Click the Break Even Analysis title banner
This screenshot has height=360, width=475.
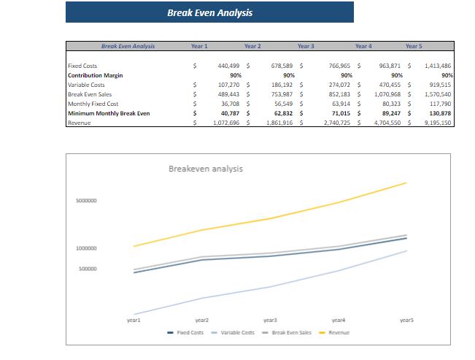point(209,12)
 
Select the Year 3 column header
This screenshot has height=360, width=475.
point(306,46)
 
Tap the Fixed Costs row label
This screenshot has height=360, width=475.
point(82,66)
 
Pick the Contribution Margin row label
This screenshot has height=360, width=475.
point(95,75)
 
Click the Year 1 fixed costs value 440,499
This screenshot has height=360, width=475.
point(229,66)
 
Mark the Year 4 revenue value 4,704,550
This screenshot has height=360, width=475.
point(387,123)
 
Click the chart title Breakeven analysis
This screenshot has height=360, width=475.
point(206,169)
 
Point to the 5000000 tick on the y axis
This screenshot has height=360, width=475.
point(87,201)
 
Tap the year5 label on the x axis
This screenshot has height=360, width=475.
point(406,320)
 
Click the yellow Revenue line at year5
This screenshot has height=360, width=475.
point(406,183)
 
